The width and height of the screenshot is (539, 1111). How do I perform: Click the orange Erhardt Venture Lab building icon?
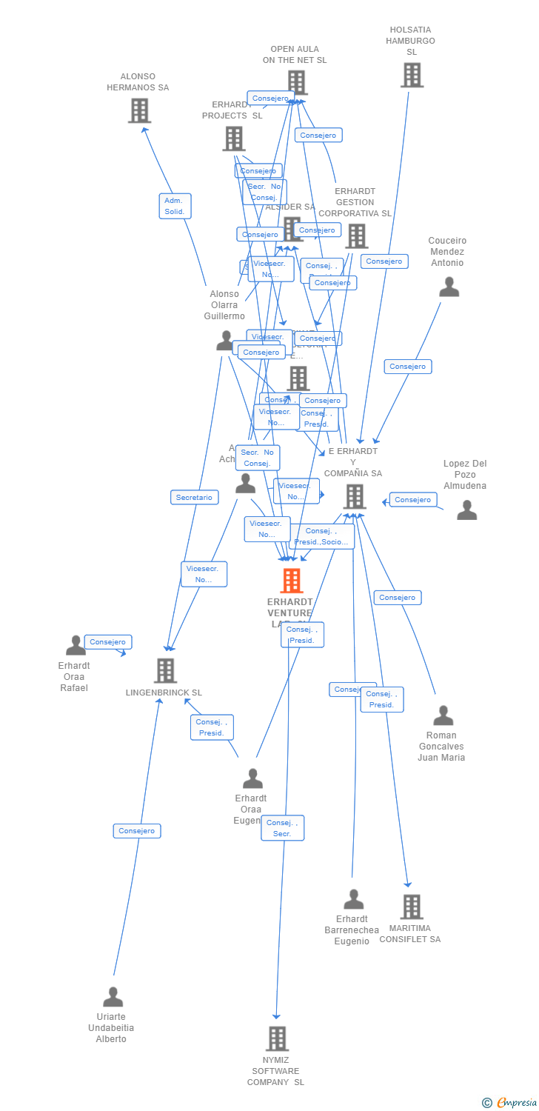(x=292, y=581)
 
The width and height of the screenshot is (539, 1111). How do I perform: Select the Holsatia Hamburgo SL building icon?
(x=412, y=75)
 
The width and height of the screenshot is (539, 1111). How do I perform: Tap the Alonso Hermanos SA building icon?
(x=139, y=110)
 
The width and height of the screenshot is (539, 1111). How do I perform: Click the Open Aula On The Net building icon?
(x=296, y=82)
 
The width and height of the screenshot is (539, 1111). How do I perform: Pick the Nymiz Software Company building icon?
(x=277, y=1038)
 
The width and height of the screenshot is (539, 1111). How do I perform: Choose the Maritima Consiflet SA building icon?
(x=411, y=907)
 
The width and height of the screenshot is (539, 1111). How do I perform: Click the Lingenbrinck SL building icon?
(x=165, y=670)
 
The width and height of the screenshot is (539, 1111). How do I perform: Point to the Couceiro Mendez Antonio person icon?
(x=449, y=287)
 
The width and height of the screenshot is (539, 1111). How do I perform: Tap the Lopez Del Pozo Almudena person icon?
(x=466, y=510)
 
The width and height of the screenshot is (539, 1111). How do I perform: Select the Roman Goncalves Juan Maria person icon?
(x=443, y=715)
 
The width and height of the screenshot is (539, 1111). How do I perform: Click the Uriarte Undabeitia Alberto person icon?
(x=113, y=997)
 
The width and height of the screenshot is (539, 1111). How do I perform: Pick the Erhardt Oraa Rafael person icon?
(x=76, y=645)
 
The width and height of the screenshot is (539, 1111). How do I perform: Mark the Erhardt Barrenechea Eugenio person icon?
(x=353, y=899)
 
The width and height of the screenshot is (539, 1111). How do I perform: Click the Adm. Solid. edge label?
(x=175, y=206)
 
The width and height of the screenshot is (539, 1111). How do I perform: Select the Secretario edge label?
(x=194, y=498)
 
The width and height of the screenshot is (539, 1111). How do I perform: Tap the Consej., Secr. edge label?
(x=282, y=828)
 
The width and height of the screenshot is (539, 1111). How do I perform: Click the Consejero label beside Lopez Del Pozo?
(x=412, y=500)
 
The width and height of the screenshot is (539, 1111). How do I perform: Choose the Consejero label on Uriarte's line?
(x=137, y=831)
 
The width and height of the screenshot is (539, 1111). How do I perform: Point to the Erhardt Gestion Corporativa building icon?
(x=356, y=236)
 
